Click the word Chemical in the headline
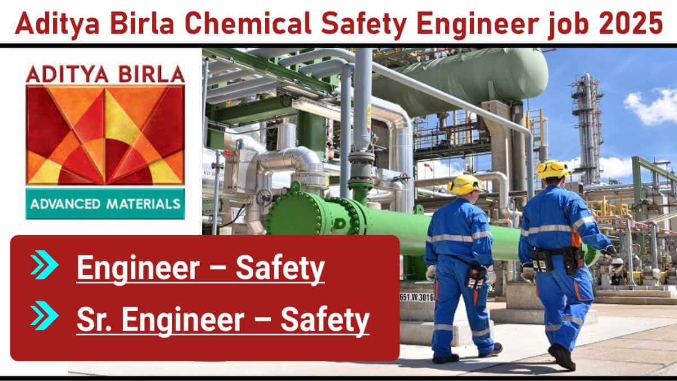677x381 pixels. tap(248, 23)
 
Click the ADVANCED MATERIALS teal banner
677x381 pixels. tap(105, 204)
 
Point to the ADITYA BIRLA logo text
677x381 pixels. tap(105, 74)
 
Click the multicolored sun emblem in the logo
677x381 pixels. tap(105, 135)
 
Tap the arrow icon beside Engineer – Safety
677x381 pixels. tap(44, 265)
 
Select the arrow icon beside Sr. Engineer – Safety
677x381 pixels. tap(44, 316)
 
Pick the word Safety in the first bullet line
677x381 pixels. tap(280, 269)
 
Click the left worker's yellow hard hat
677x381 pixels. tap(464, 185)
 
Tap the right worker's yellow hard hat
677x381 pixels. tap(552, 170)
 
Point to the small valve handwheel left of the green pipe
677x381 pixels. tap(265, 198)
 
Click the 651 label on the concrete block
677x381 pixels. tap(417, 297)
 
